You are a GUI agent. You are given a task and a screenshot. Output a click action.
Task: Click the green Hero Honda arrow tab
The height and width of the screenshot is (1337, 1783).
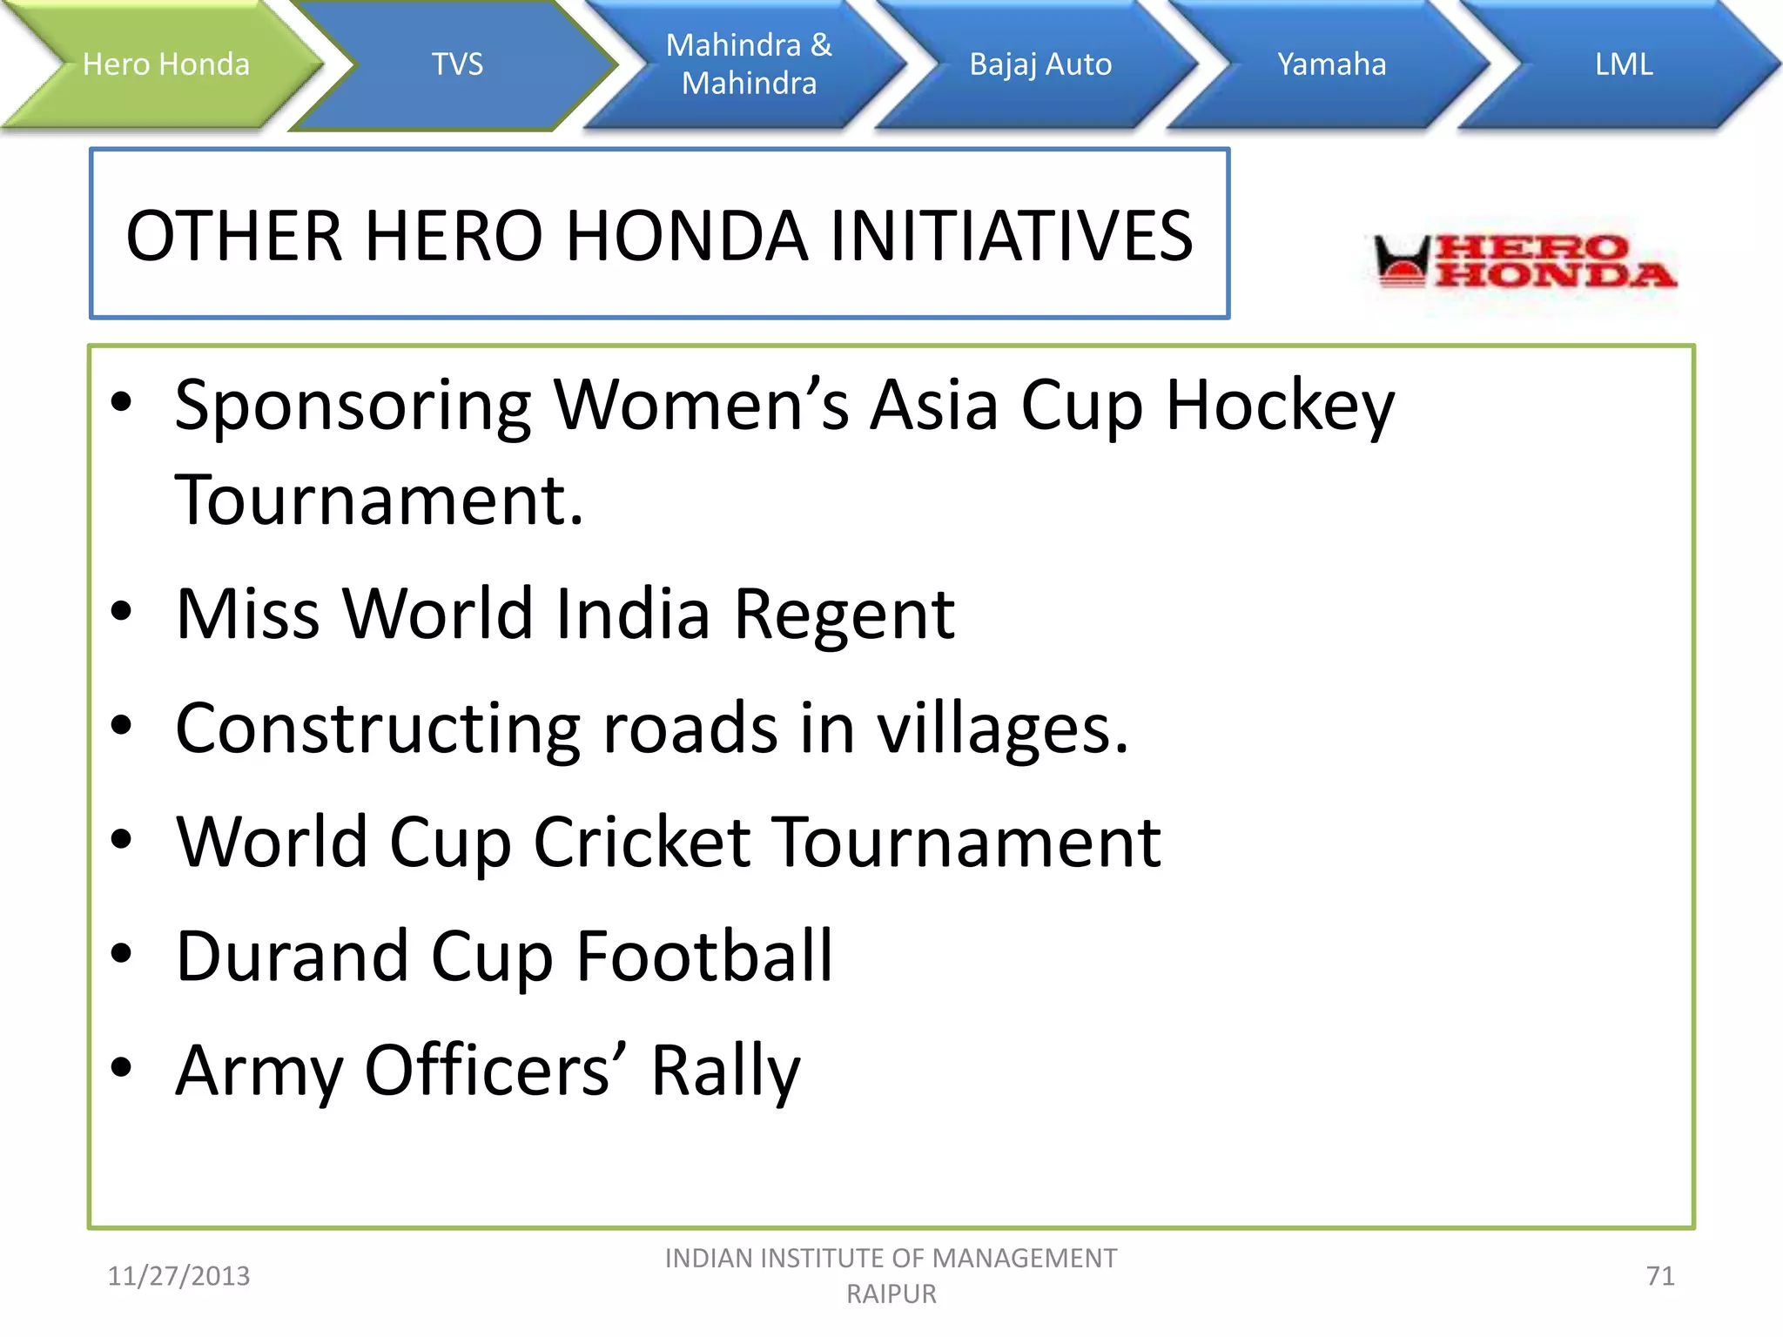[165, 64]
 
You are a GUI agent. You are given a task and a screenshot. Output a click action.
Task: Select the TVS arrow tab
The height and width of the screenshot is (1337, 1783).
[457, 64]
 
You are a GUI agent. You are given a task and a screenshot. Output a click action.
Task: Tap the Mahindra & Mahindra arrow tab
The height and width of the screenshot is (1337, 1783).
[749, 64]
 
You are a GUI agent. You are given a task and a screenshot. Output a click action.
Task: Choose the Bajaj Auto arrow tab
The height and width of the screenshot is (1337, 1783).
[1040, 64]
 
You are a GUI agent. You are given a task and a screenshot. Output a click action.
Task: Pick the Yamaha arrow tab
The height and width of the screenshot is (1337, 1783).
[1331, 64]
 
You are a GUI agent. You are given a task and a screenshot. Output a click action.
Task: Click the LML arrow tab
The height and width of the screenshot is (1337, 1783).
[1624, 64]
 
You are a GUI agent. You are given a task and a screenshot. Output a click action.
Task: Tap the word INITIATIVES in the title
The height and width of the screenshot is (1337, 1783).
[1010, 236]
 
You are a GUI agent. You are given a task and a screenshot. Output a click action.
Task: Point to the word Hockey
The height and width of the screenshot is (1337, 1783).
[1279, 406]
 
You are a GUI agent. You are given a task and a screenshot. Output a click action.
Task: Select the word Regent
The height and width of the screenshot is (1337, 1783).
[844, 615]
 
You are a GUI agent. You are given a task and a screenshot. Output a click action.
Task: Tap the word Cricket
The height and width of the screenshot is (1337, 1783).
[643, 843]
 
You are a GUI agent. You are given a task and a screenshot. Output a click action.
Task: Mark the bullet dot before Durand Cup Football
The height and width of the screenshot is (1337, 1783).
[121, 954]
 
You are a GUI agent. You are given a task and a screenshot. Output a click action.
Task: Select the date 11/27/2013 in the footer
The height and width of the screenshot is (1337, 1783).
[178, 1276]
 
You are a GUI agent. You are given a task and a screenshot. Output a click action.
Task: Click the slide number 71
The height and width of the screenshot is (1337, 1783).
[1660, 1276]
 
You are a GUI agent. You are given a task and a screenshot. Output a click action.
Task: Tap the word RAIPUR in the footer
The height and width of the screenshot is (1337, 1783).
[891, 1294]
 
